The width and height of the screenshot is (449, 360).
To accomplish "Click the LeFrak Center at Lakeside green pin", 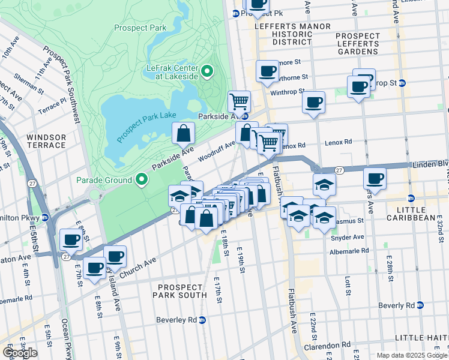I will click(x=208, y=73).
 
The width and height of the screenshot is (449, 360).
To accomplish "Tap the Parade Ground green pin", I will click(x=142, y=179).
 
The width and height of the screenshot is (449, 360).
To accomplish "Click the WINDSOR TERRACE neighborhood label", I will click(x=46, y=141).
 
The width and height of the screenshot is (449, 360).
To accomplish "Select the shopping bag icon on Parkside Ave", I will click(x=184, y=133).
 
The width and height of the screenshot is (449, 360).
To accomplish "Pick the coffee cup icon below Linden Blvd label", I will click(x=374, y=178).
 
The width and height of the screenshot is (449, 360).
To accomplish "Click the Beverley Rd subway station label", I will click(x=179, y=320).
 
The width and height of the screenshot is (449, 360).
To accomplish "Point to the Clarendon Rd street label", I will click(x=330, y=346).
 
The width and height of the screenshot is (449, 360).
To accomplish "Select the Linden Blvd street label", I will click(x=428, y=164).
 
